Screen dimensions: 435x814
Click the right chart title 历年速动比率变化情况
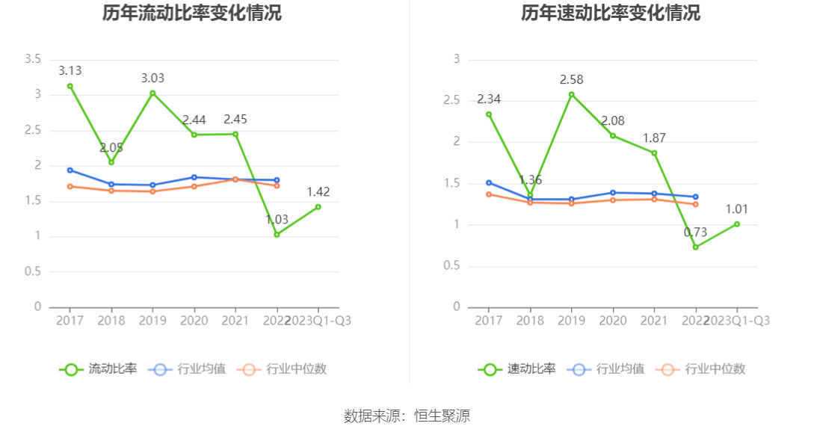(611, 13)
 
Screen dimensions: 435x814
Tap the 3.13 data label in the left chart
(70, 71)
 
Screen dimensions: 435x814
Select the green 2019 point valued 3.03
(152, 93)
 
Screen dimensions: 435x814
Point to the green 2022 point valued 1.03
(277, 235)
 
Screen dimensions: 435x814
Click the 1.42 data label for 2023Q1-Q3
(318, 192)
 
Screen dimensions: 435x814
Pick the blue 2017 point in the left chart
(70, 170)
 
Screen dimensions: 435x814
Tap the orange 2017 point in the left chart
(70, 186)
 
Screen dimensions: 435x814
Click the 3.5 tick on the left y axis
(33, 59)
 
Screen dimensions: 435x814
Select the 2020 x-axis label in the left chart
(194, 320)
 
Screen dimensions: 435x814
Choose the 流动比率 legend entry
(99, 369)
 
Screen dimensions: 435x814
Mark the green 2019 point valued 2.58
(571, 94)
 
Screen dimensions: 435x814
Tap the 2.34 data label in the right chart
(489, 99)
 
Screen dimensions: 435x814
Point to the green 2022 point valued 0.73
(695, 247)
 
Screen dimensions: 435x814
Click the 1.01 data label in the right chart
(736, 209)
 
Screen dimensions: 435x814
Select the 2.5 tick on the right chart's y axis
(452, 101)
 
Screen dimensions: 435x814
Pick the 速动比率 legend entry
(518, 369)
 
